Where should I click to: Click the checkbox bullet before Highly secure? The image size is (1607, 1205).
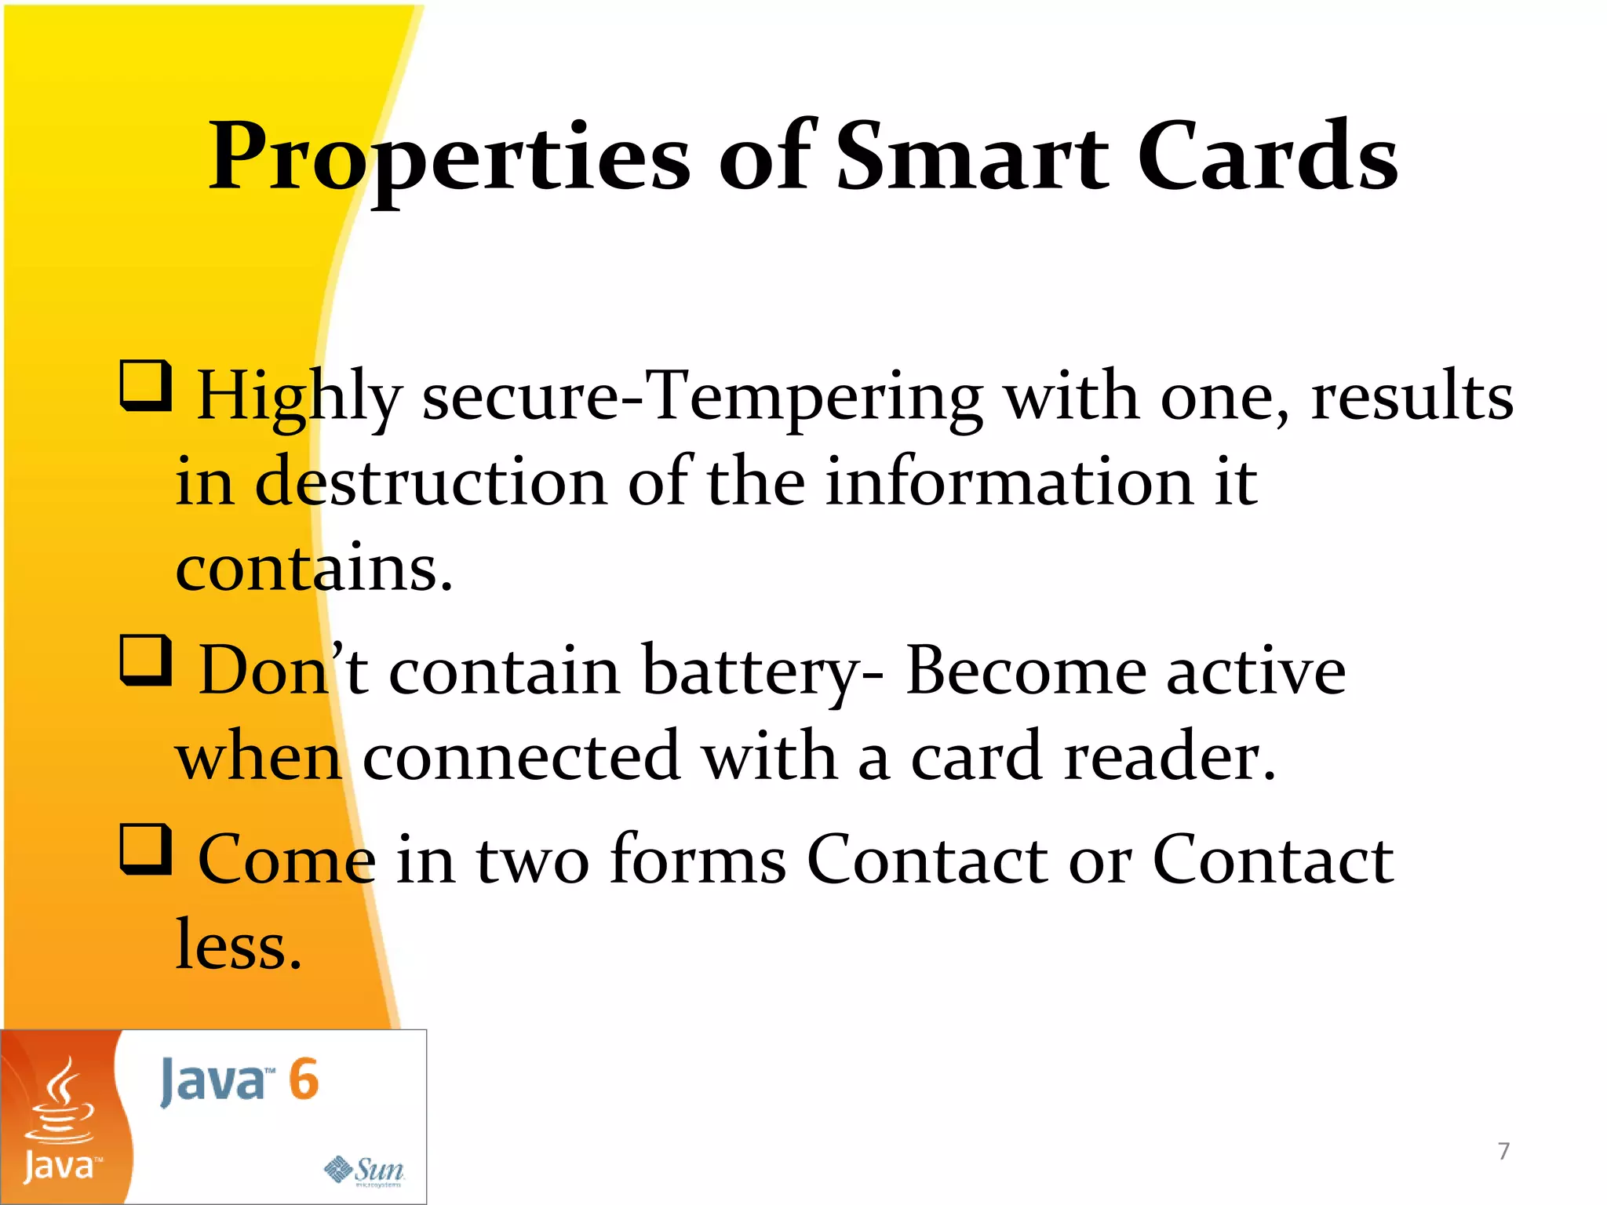coord(146,385)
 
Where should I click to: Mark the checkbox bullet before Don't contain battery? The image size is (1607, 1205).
coord(146,661)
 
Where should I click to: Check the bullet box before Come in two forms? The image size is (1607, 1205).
coord(146,849)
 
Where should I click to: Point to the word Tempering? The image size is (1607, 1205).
coord(816,397)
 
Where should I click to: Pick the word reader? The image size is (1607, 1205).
coord(1169,756)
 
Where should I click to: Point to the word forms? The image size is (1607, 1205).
coord(698,860)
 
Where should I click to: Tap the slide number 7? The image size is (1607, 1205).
coord(1503,1151)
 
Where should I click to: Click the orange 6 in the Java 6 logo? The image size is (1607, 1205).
coord(304,1079)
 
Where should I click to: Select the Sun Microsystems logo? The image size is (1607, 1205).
coord(365,1170)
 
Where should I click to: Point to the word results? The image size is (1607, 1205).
coord(1412,397)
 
